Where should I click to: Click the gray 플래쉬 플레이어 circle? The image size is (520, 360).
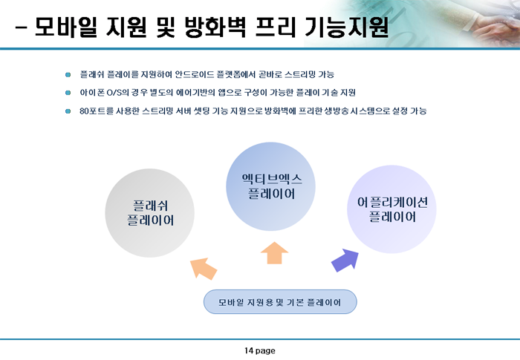click(149, 213)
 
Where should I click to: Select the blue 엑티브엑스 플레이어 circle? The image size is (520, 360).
click(270, 186)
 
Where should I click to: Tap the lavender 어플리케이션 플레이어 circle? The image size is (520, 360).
click(391, 209)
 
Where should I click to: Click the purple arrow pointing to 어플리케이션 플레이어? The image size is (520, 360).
click(345, 261)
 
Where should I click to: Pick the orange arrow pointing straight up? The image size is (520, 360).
click(274, 253)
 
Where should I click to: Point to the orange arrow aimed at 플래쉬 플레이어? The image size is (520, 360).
click(204, 269)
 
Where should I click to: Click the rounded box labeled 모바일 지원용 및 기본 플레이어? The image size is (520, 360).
click(280, 302)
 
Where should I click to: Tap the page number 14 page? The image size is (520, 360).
click(260, 350)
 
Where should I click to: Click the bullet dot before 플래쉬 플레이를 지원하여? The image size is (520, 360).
click(68, 74)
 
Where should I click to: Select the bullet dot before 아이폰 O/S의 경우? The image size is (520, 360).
click(68, 93)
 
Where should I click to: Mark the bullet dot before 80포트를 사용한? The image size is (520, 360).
click(68, 111)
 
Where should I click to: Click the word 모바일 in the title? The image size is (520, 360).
click(66, 26)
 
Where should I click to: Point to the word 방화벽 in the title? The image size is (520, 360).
click(215, 26)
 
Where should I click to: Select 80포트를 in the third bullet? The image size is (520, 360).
click(97, 111)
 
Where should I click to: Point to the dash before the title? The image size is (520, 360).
click(21, 27)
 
